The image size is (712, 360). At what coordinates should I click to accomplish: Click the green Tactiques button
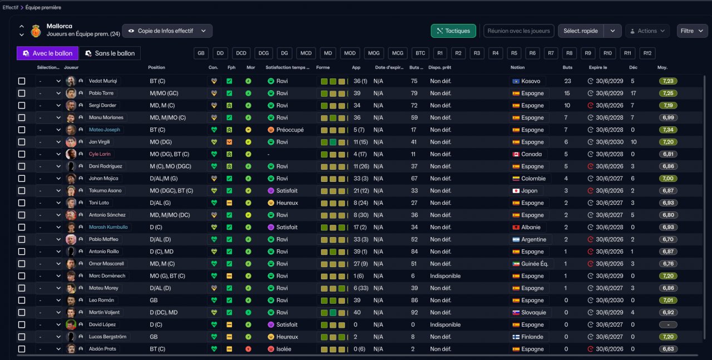coord(453,31)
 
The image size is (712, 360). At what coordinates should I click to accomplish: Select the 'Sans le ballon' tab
coord(110,53)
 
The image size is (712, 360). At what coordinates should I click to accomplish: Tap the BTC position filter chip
coord(420,53)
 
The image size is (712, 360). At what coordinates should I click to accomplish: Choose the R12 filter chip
coord(647,53)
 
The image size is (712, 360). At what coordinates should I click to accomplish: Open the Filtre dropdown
coord(691,31)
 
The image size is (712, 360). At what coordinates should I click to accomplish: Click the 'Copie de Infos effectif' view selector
coord(167,31)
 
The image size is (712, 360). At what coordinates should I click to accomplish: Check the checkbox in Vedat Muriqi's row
coord(22,81)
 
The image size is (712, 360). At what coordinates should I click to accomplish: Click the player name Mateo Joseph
coord(104,130)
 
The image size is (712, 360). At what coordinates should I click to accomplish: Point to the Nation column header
coord(517,67)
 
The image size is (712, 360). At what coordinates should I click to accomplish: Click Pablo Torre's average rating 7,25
coord(668,93)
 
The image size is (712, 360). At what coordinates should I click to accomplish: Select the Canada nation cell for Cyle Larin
coord(527,154)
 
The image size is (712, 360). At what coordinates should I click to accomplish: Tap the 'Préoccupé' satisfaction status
coord(286,130)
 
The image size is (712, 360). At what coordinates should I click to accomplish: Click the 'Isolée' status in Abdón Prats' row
coord(279,349)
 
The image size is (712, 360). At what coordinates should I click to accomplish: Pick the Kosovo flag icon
coord(516,81)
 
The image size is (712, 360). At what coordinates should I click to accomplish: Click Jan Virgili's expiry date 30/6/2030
coord(609,142)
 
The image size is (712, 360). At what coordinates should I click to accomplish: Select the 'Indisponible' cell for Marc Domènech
coord(445,276)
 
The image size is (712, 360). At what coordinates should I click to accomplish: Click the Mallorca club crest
coord(36,31)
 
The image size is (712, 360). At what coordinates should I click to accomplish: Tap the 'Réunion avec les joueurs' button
coord(519,31)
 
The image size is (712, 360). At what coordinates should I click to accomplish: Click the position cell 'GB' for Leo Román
coord(154,300)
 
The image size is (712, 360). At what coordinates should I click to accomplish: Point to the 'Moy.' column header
coord(662,67)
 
